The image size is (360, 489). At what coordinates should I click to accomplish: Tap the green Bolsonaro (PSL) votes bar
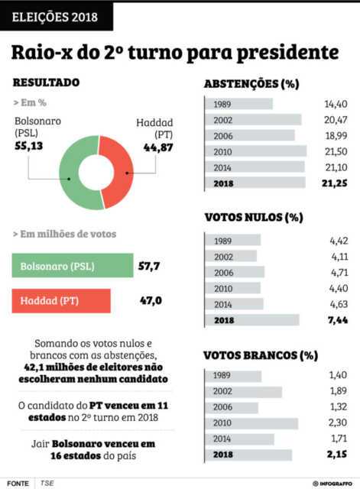73,266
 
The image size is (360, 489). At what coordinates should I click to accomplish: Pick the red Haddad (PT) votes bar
61,301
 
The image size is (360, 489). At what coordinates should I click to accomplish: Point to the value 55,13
29,146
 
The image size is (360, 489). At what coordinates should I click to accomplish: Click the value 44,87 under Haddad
158,147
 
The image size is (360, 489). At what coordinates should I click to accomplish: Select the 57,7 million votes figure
149,266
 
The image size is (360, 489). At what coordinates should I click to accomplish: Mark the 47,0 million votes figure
151,300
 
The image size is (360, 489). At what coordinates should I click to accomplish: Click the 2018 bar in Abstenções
255,183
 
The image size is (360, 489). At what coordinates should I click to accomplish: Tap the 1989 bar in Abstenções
239,104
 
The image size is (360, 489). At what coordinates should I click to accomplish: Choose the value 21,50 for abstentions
336,151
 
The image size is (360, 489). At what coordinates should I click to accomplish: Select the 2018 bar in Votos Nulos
252,320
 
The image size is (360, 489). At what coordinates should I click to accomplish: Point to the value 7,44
338,320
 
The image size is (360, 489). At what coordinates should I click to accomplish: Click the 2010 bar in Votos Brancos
251,423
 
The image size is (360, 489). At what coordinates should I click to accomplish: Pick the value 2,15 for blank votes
337,454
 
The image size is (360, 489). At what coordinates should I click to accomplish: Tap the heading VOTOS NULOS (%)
254,217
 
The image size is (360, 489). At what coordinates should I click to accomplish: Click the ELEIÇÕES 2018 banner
56,17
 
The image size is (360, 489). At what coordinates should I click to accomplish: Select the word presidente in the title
287,53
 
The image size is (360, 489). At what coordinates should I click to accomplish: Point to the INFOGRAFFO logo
332,484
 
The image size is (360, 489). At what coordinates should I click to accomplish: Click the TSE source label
47,483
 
